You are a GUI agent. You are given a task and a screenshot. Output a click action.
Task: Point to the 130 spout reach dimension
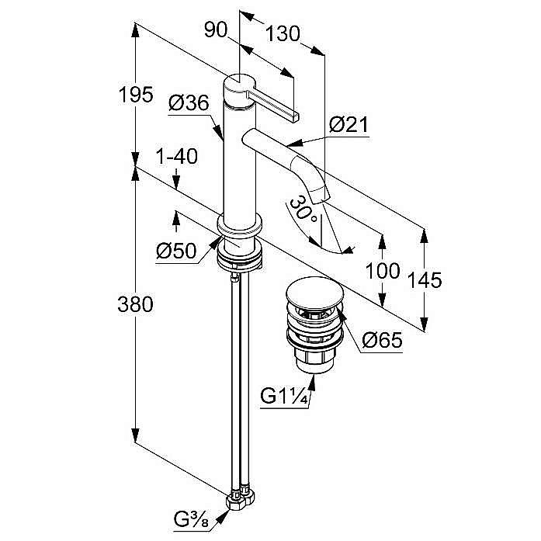(283, 34)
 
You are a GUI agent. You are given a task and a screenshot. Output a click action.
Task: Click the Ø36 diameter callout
(186, 102)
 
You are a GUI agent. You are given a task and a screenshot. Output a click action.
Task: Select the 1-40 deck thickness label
(176, 156)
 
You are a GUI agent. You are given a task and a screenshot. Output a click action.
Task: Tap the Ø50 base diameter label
(175, 250)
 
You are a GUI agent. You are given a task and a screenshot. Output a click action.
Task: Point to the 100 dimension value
(383, 271)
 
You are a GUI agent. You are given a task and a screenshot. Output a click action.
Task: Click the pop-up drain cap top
(312, 293)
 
